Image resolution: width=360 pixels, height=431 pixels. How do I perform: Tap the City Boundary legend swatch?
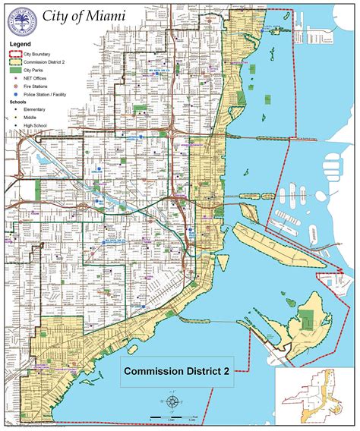pos(16,54)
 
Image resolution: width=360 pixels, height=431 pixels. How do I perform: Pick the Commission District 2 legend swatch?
pos(16,61)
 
